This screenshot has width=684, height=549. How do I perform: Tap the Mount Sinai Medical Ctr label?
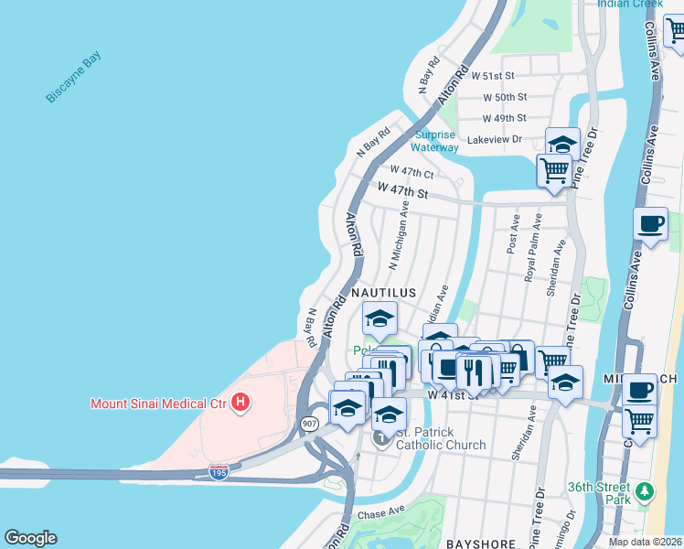tap(157, 403)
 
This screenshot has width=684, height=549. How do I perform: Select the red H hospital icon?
tap(240, 402)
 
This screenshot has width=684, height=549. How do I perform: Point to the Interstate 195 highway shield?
tap(218, 472)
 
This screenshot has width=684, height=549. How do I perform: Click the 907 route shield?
tap(308, 425)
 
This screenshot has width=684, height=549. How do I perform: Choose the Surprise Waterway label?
tap(434, 141)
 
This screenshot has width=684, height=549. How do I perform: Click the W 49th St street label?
tap(504, 118)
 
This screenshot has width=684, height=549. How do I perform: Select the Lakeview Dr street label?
tap(494, 139)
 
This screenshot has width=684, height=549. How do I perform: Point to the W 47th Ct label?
tap(411, 172)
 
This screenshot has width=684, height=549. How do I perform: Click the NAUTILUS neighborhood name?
tap(384, 293)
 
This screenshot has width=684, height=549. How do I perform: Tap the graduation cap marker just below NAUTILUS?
tap(379, 319)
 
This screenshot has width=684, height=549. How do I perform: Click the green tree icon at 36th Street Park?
tap(647, 493)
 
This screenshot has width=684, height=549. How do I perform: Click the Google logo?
tap(30, 538)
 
